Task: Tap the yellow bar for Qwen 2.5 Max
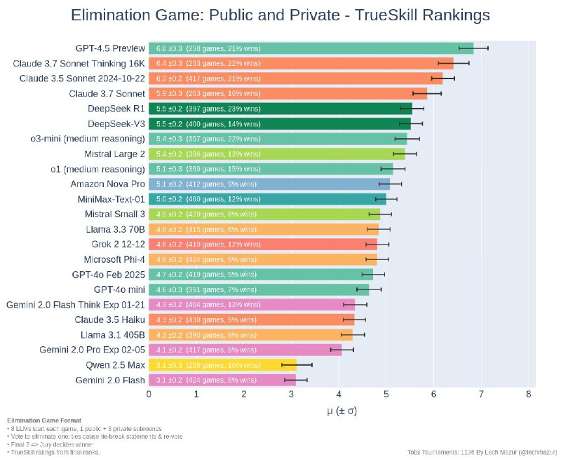(222, 365)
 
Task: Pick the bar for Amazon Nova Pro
(269, 184)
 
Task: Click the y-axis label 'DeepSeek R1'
(116, 109)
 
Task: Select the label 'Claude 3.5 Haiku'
(110, 320)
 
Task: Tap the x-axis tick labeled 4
(339, 395)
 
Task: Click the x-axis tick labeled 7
(482, 395)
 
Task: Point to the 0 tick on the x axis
(149, 395)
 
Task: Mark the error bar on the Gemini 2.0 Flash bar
(296, 381)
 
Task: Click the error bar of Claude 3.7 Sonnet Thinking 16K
(454, 63)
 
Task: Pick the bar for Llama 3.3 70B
(263, 229)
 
